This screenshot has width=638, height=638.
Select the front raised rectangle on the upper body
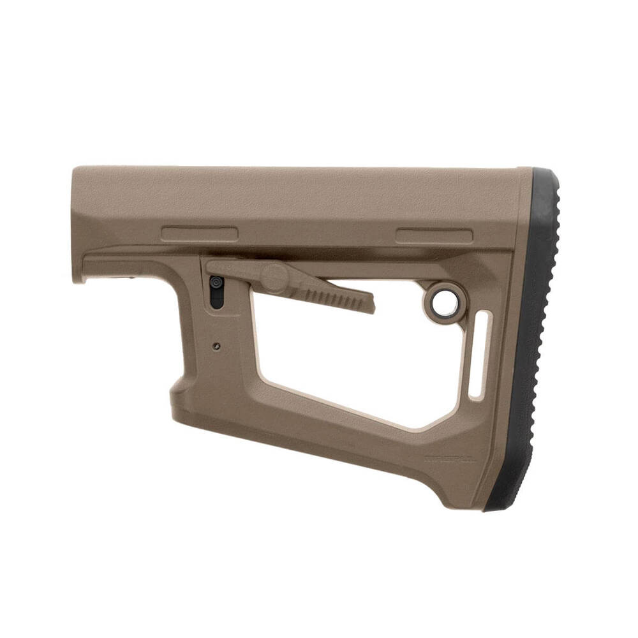click(199, 234)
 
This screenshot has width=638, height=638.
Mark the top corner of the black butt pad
click(542, 171)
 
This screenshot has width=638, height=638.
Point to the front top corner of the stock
click(75, 170)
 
